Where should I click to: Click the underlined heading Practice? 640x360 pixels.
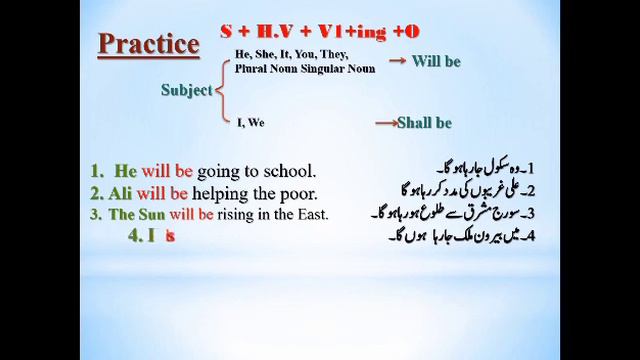[x=148, y=44]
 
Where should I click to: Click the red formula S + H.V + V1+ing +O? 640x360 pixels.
[x=320, y=32]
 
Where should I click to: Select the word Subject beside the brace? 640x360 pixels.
[x=186, y=90]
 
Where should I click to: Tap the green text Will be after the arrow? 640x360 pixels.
[x=436, y=61]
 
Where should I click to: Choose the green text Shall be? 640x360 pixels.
[x=424, y=123]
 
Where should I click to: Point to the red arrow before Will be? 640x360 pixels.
[x=397, y=61]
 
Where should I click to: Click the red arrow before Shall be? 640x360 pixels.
[x=385, y=123]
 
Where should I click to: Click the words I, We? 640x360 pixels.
[x=251, y=123]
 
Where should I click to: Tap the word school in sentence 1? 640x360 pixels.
[x=289, y=171]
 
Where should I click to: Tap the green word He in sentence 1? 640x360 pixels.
[x=124, y=171]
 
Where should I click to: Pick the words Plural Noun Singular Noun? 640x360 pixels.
[x=306, y=69]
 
